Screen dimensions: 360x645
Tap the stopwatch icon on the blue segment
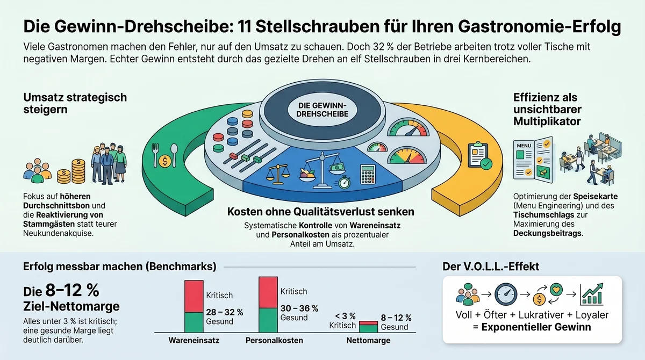click(x=343, y=183)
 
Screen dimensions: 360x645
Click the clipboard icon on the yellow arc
click(x=479, y=155)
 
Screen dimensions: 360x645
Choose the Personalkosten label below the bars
click(x=274, y=340)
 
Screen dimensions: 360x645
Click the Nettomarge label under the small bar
click(x=369, y=340)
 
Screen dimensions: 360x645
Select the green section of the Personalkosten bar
click(x=268, y=320)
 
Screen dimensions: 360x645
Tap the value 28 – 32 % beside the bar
click(x=225, y=312)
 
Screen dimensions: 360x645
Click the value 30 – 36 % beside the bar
click(x=299, y=308)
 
